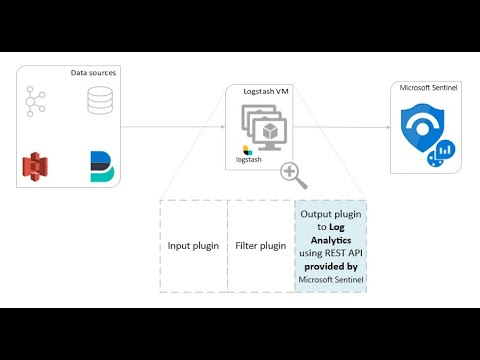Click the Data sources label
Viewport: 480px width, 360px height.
point(92,73)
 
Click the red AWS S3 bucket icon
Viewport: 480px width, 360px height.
point(37,167)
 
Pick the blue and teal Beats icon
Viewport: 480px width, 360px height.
point(100,167)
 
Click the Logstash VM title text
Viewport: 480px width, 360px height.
point(266,91)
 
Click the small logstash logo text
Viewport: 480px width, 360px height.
point(249,158)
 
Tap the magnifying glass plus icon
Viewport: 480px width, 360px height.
point(294,173)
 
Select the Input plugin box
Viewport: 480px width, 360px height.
point(193,245)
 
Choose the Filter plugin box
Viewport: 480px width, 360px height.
point(262,245)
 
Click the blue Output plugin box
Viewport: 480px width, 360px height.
point(331,246)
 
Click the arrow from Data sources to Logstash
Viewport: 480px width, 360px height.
point(180,127)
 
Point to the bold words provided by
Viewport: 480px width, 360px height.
point(331,268)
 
